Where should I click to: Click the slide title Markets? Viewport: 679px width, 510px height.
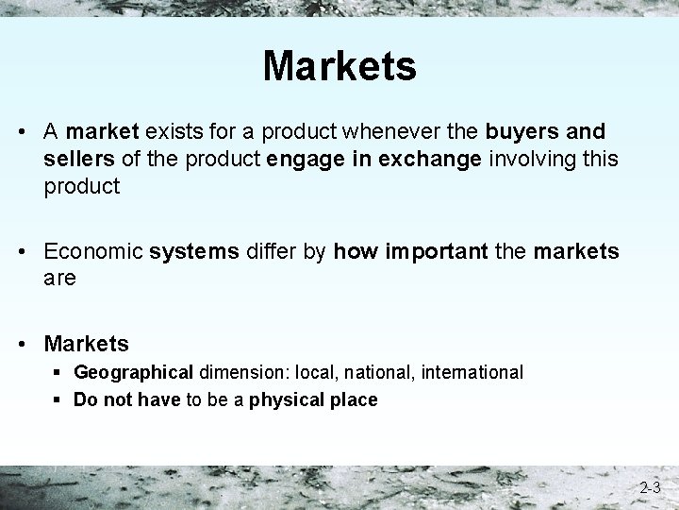[339, 66]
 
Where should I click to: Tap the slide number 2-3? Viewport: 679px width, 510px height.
[649, 488]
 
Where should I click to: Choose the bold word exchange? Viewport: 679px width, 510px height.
[430, 159]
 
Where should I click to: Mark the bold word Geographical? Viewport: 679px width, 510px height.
[133, 373]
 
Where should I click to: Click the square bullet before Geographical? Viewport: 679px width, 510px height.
[58, 373]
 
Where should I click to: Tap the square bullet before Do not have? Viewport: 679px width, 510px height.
[58, 399]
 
